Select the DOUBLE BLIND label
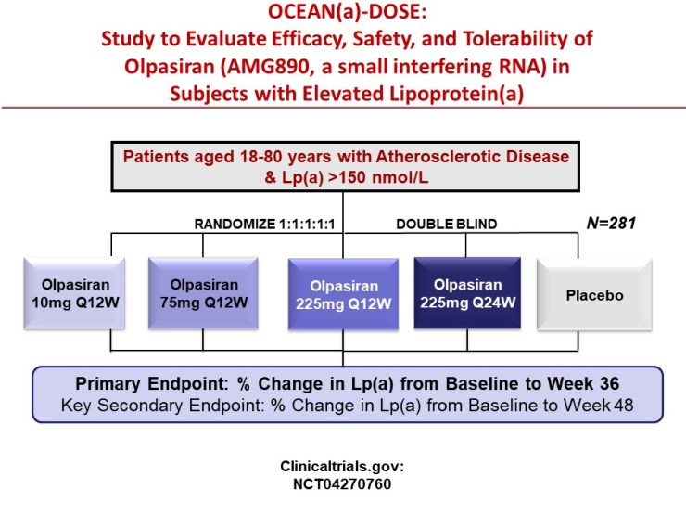pos(448,223)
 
